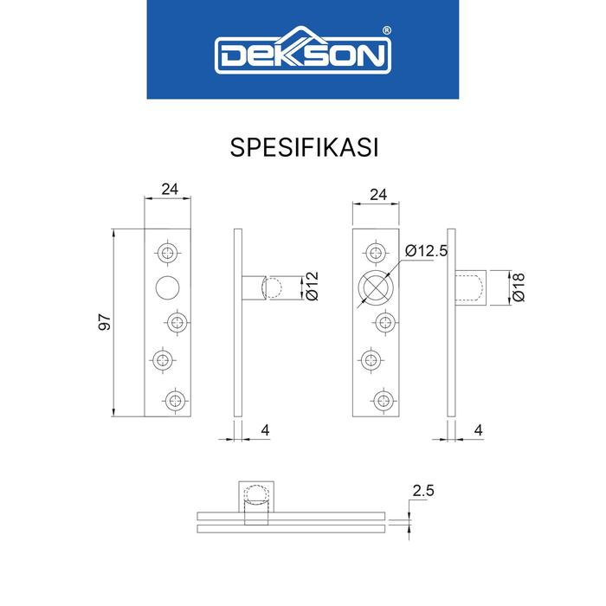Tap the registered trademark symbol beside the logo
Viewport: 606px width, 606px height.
386,29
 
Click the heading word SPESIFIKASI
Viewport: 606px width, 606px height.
303,146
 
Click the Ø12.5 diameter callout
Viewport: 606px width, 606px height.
427,251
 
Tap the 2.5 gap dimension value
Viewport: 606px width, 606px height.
422,491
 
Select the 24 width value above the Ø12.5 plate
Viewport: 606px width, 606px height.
377,195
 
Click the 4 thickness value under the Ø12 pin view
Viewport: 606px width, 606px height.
264,429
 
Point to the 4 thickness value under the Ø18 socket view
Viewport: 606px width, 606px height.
479,429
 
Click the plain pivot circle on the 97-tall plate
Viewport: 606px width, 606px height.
167,287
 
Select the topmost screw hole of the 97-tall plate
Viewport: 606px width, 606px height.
167,252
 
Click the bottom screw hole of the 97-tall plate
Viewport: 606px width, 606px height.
176,399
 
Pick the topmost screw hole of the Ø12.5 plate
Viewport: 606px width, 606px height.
376,252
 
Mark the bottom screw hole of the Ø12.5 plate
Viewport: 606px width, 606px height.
382,399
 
